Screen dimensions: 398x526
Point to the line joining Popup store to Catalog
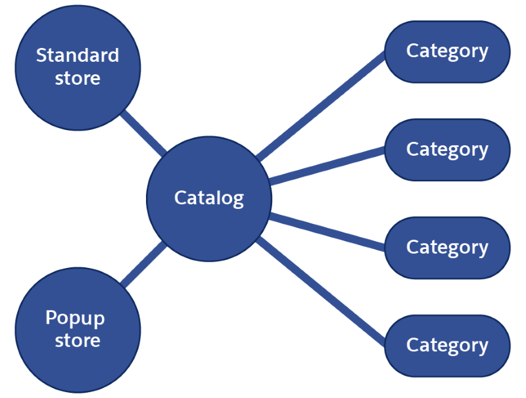click(x=143, y=264)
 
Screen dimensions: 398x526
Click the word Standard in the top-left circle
click(x=78, y=55)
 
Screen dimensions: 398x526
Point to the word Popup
click(x=75, y=319)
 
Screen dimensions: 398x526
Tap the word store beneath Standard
click(x=78, y=78)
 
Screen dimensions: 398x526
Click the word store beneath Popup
click(x=78, y=340)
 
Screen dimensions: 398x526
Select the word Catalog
click(x=209, y=198)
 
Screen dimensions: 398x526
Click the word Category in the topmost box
click(x=447, y=51)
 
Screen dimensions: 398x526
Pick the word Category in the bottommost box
click(x=447, y=345)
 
